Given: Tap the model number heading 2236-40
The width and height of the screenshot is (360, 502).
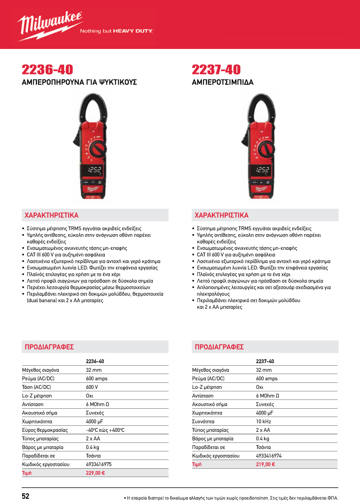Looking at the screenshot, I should point(48,70).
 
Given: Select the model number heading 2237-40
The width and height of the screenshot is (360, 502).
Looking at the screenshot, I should point(216,70).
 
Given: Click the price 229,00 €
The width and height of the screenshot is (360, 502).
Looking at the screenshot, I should point(96,473).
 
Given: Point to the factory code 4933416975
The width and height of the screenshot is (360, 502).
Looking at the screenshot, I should point(99,464).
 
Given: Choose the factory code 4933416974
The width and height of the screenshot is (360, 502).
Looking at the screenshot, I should point(269,455).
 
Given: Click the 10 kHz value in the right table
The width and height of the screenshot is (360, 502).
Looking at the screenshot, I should point(263,421).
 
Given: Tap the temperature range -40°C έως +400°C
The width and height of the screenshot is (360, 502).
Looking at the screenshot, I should point(105,430).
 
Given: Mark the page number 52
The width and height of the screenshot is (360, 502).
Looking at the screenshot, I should point(26,496).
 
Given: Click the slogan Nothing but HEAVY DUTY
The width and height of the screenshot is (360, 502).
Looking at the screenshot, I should point(117,31).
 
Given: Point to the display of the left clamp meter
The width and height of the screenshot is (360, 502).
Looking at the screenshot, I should point(95,169).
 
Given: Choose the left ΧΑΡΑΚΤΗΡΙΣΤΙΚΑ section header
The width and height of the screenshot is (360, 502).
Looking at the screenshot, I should point(51,215).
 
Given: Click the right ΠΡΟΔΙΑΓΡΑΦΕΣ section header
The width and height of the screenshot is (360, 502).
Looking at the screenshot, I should point(219,347).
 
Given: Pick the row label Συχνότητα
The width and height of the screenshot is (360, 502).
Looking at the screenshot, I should point(205,421).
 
